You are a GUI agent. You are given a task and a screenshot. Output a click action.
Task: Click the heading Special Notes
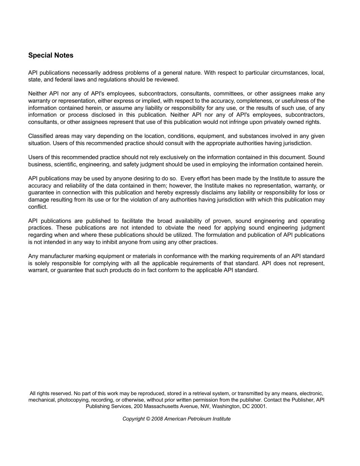click(51, 55)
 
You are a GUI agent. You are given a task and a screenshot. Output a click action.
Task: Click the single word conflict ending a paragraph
click(38, 207)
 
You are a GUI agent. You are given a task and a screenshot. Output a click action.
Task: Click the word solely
click(42, 263)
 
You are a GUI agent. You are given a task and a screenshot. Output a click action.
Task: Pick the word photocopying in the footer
click(74, 400)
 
